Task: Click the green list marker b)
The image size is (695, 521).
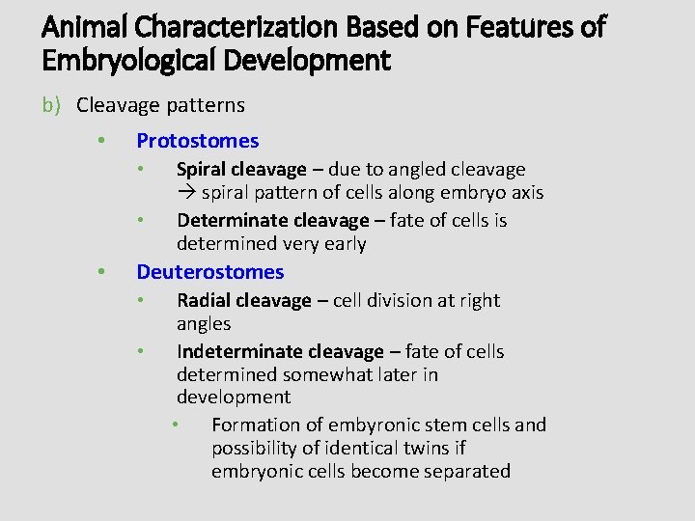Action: (x=52, y=105)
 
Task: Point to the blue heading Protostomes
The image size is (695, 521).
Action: (x=198, y=141)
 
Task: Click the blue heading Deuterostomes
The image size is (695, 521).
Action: (x=210, y=272)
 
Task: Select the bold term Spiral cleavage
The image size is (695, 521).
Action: (x=241, y=170)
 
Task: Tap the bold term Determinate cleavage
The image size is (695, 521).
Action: (x=273, y=221)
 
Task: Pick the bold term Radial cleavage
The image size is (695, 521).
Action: (x=244, y=301)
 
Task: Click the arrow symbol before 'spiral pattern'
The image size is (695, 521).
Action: (x=186, y=193)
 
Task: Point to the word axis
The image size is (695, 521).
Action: (x=527, y=193)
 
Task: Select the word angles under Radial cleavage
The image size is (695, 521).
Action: (x=204, y=324)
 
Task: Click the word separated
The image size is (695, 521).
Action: (x=465, y=472)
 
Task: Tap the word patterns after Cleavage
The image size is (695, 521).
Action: (x=208, y=105)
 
